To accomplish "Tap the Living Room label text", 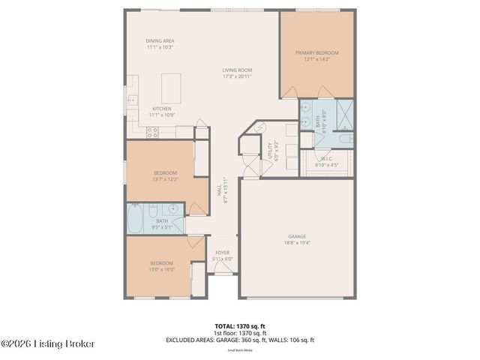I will coord(237,73).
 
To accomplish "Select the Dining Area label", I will coord(160,43).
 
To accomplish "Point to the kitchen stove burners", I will coord(152,132).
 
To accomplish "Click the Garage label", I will coord(297,239).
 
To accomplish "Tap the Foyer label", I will coord(223,255).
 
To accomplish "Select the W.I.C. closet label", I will coord(326,161).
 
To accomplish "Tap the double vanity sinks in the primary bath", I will coord(306,116).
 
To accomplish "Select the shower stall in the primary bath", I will coord(345,114).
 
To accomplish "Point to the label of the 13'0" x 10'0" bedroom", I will coord(161,265).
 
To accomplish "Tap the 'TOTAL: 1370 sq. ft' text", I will coord(239,326).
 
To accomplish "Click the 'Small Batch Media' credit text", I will coord(239,349).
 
